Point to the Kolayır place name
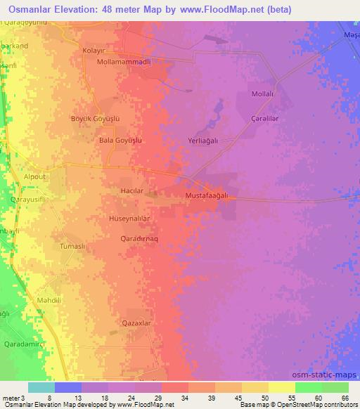97,51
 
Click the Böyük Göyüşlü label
96,119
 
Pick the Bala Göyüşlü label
121,141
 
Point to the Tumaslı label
72,247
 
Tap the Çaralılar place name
266,119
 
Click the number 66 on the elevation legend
344,398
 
